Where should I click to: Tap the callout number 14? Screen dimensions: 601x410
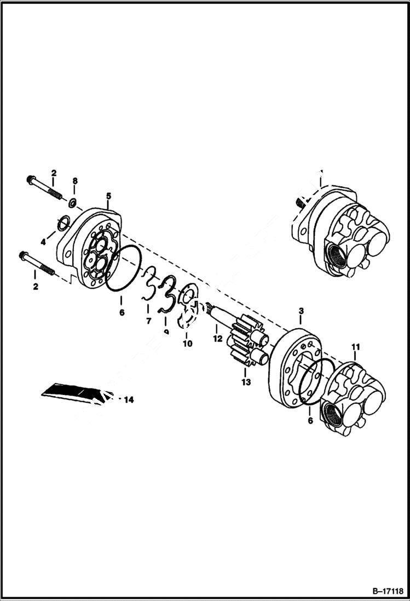[x=128, y=400]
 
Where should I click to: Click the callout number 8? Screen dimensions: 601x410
[x=75, y=181]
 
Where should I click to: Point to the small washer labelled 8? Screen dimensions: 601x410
[x=71, y=204]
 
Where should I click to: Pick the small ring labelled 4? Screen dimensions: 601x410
[x=63, y=222]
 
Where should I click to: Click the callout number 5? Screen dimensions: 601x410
[x=108, y=196]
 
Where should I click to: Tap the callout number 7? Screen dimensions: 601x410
[x=148, y=321]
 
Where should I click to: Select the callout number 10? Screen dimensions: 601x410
[x=188, y=344]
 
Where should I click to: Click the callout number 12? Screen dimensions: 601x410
[x=217, y=339]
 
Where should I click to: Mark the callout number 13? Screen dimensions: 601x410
[x=246, y=382]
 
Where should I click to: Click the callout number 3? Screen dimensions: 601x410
[x=301, y=311]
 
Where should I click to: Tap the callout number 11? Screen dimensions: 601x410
[x=356, y=347]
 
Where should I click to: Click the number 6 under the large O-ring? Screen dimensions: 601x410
[x=122, y=312]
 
